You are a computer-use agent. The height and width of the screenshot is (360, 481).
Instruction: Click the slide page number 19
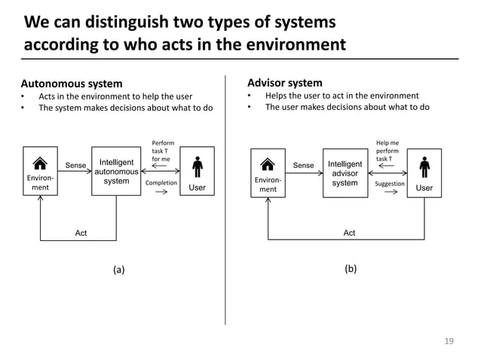tap(449, 341)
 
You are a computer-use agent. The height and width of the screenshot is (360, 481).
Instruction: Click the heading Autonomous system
tap(71, 83)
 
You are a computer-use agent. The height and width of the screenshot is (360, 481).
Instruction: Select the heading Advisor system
tap(284, 83)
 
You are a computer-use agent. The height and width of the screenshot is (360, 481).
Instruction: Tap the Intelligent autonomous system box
tap(116, 171)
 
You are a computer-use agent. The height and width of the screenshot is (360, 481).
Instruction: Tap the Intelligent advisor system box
tap(345, 173)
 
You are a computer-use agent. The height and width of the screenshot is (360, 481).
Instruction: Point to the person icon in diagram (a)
tap(197, 166)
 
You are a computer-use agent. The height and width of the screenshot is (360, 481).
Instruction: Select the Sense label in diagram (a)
tap(75, 166)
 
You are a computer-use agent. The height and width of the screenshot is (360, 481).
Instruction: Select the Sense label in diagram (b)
tap(303, 166)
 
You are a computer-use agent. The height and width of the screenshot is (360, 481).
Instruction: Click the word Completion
tap(161, 182)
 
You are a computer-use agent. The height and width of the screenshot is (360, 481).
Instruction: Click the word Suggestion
tap(390, 184)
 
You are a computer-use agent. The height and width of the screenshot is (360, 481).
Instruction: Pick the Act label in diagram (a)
tap(81, 233)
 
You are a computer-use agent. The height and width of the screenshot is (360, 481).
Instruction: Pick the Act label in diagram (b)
tap(349, 233)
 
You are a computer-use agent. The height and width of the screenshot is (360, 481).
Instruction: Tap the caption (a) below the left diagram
tap(118, 269)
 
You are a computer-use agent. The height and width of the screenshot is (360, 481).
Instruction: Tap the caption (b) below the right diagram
tap(350, 269)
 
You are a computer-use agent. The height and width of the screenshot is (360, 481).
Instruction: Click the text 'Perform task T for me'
tap(161, 151)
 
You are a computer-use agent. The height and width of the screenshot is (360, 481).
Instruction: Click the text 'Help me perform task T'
tap(388, 151)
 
